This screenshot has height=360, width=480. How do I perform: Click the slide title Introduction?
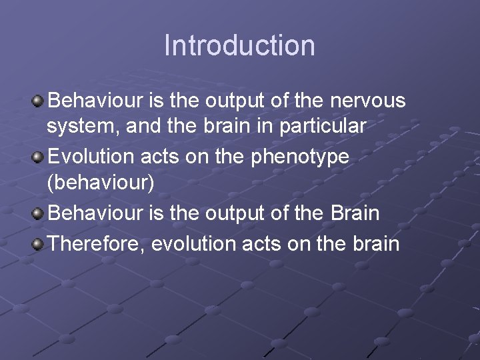click(x=239, y=45)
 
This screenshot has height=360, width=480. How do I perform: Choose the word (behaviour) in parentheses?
click(x=100, y=183)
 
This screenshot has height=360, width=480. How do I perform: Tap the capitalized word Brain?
click(x=355, y=213)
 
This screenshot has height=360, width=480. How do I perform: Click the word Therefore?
click(x=97, y=244)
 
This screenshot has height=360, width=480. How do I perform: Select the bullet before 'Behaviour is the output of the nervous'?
click(x=39, y=101)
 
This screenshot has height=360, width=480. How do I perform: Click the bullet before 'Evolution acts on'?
click(x=39, y=157)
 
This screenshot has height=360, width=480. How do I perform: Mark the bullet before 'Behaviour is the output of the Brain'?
click(x=39, y=214)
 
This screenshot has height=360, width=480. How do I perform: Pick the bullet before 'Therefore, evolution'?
click(x=39, y=244)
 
